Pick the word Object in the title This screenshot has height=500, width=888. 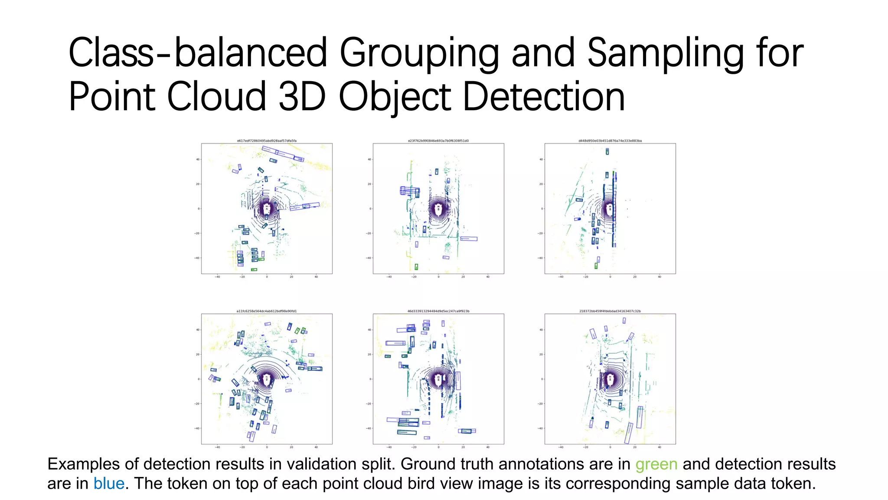click(x=395, y=98)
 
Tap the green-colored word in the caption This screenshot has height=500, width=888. click(x=656, y=464)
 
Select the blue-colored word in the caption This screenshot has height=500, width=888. click(x=109, y=484)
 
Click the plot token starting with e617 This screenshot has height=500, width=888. click(x=267, y=141)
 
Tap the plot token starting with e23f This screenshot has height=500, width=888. click(x=438, y=141)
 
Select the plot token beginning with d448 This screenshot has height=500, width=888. click(x=610, y=141)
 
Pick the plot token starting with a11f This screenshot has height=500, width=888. click(x=267, y=311)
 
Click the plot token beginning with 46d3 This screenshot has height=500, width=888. click(x=438, y=311)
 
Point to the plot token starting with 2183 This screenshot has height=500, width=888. click(x=610, y=311)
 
